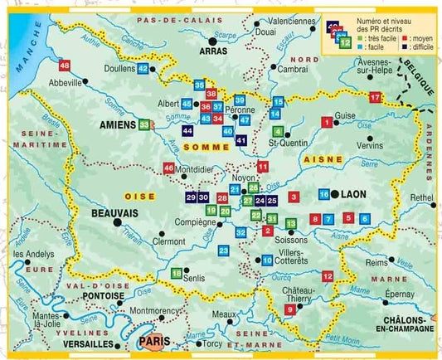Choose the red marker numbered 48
[x=64, y=65]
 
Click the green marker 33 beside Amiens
[x=145, y=124]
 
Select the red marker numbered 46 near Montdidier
[x=169, y=168]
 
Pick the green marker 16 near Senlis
[x=176, y=273]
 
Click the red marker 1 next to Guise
[x=326, y=124]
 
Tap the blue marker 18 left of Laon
[x=323, y=194]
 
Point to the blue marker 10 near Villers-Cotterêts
[x=266, y=260]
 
